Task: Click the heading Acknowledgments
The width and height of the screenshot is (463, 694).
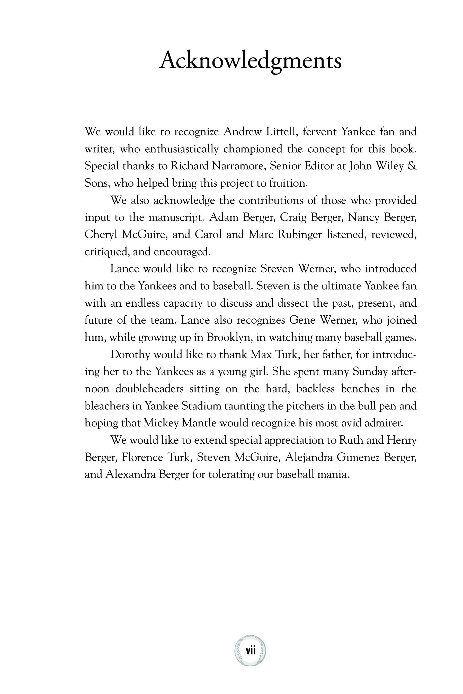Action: pyautogui.click(x=250, y=61)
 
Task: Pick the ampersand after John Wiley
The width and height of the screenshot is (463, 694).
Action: pyautogui.click(x=412, y=166)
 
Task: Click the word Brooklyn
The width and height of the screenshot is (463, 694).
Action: pyautogui.click(x=229, y=337)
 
